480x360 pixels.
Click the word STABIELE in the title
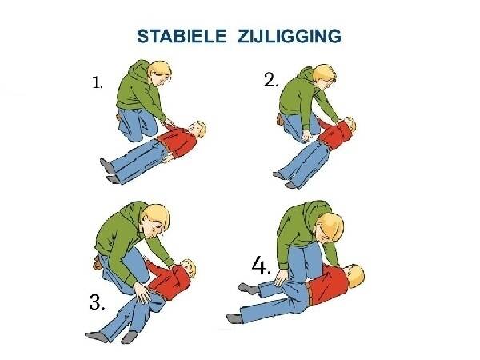pos(182,36)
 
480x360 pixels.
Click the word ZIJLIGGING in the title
pos(290,36)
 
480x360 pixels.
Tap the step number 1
pos(98,82)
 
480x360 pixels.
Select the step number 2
pos(271,81)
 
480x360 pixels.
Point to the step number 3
pos(98,302)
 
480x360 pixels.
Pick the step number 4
pos(261,266)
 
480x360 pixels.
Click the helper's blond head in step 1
pos(160,74)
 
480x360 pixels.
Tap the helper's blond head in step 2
pos(325,77)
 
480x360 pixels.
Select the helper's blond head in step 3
pos(156,221)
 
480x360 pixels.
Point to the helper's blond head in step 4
pos(330,227)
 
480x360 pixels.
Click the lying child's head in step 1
pos(197,130)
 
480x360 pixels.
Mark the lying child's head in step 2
pos(349,125)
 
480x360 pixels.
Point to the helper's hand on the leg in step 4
pos(281,278)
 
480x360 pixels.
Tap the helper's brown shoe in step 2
pos(279,118)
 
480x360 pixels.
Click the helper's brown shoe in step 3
pos(98,262)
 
